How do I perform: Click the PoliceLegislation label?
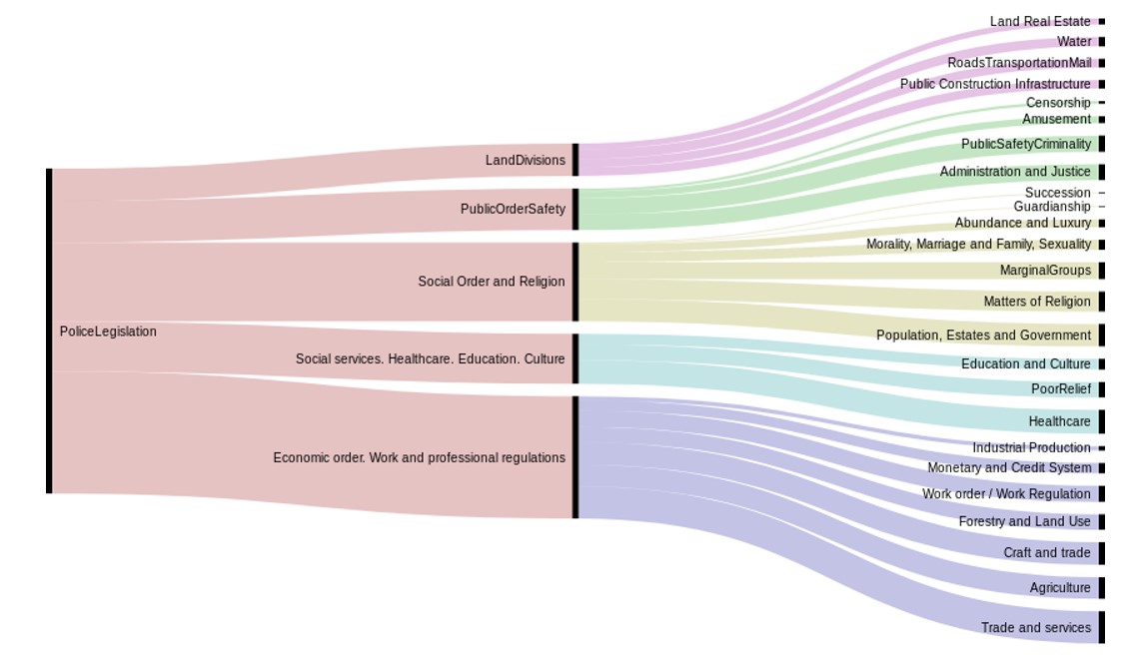(108, 332)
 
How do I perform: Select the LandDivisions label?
(526, 160)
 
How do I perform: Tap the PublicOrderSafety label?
(513, 209)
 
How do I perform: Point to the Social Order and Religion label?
(492, 282)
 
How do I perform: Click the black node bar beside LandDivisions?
(575, 160)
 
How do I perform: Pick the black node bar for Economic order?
(575, 457)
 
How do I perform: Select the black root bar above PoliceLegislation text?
(49, 331)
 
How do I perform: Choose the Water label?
(1074, 42)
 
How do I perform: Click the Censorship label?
(1058, 103)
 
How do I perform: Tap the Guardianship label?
(1052, 207)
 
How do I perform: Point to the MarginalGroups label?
(1045, 271)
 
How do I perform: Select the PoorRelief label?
(1061, 389)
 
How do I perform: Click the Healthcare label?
(1060, 421)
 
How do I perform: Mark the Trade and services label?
(1036, 628)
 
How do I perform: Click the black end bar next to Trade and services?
(1101, 627)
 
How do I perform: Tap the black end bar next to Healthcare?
(1101, 421)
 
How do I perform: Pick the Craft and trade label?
(1047, 553)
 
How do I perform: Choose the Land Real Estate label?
(1040, 22)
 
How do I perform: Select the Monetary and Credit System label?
(1009, 468)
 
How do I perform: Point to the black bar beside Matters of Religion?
(1101, 302)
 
